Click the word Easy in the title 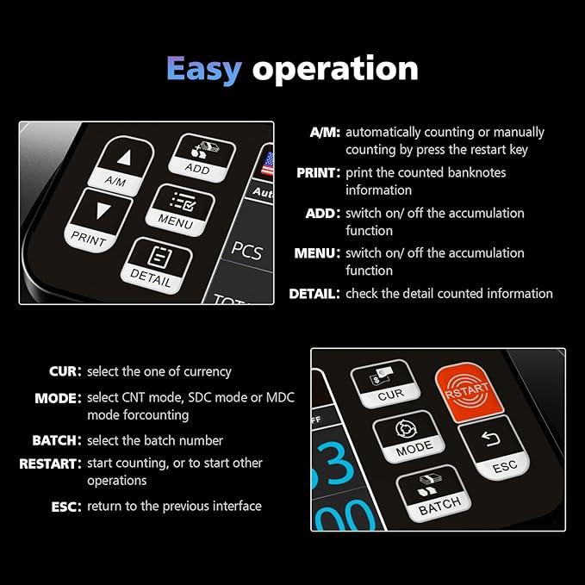[x=203, y=68]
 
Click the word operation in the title [x=335, y=70]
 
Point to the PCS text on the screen [x=247, y=250]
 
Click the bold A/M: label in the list [x=325, y=133]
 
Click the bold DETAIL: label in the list [x=314, y=294]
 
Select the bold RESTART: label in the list [x=51, y=464]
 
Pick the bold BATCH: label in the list [x=57, y=440]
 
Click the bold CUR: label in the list [x=65, y=371]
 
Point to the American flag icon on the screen [x=267, y=161]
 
